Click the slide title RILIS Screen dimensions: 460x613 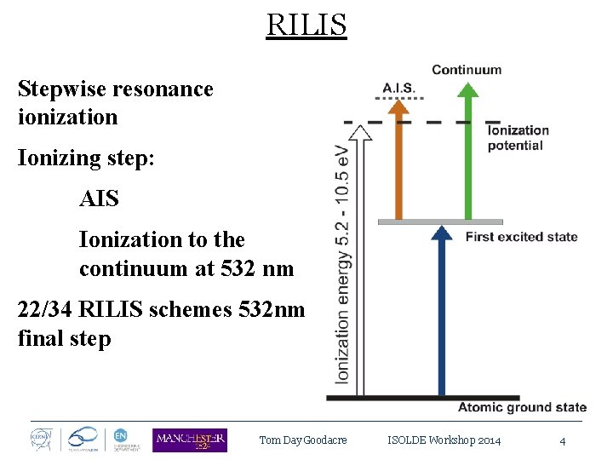(x=306, y=25)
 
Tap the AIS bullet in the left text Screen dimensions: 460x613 (x=99, y=199)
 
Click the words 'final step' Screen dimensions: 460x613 (x=64, y=338)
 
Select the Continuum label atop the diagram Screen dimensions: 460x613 (x=467, y=70)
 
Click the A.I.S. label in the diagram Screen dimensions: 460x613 (x=399, y=87)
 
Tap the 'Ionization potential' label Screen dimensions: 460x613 (x=518, y=137)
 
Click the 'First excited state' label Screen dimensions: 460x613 (x=521, y=237)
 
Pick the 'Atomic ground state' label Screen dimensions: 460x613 (x=522, y=407)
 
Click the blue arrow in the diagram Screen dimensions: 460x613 (x=440, y=315)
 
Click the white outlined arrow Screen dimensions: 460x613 (x=361, y=256)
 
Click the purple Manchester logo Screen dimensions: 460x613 (x=189, y=440)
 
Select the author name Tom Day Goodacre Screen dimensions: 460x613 (x=303, y=440)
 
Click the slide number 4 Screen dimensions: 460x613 (x=562, y=440)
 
